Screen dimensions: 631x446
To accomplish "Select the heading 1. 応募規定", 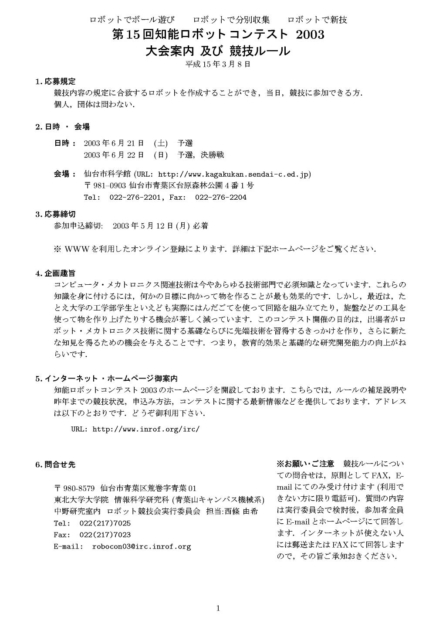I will coord(56,82).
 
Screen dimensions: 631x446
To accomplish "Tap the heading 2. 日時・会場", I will coord(63,127).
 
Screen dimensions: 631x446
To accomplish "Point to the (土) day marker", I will coord(161,143).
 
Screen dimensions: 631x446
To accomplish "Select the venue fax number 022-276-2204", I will coord(221,197).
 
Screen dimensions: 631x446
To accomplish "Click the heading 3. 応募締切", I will coord(56,214).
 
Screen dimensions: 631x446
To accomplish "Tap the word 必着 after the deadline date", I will coord(201,226).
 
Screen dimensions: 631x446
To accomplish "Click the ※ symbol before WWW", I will coord(57,249).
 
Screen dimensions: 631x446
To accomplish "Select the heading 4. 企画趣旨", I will coord(56,273).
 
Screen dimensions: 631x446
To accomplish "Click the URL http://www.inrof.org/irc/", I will coord(146,429).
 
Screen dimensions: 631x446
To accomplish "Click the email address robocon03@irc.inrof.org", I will coord(142,546).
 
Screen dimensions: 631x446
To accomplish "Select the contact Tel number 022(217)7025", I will coord(105,523).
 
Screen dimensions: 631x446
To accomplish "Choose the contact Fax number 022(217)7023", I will coord(105,535).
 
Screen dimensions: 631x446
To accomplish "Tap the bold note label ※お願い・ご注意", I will coord(306,463).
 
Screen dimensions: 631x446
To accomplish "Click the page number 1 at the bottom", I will coord(218,609).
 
